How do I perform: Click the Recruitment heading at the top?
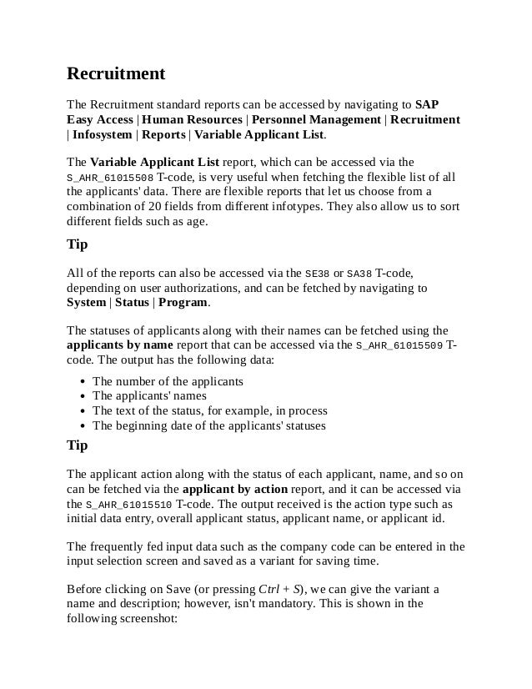click(x=116, y=74)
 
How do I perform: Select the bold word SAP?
click(x=427, y=105)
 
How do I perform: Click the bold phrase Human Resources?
click(x=186, y=120)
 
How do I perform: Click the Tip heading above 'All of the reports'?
click(x=78, y=245)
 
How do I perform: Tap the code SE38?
click(x=318, y=273)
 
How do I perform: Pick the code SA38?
click(x=359, y=273)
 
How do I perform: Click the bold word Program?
click(x=184, y=302)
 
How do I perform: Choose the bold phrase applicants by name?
click(x=119, y=344)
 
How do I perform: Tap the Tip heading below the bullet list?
click(x=78, y=445)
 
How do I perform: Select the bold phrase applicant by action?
click(x=234, y=489)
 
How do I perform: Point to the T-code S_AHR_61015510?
click(x=129, y=505)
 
